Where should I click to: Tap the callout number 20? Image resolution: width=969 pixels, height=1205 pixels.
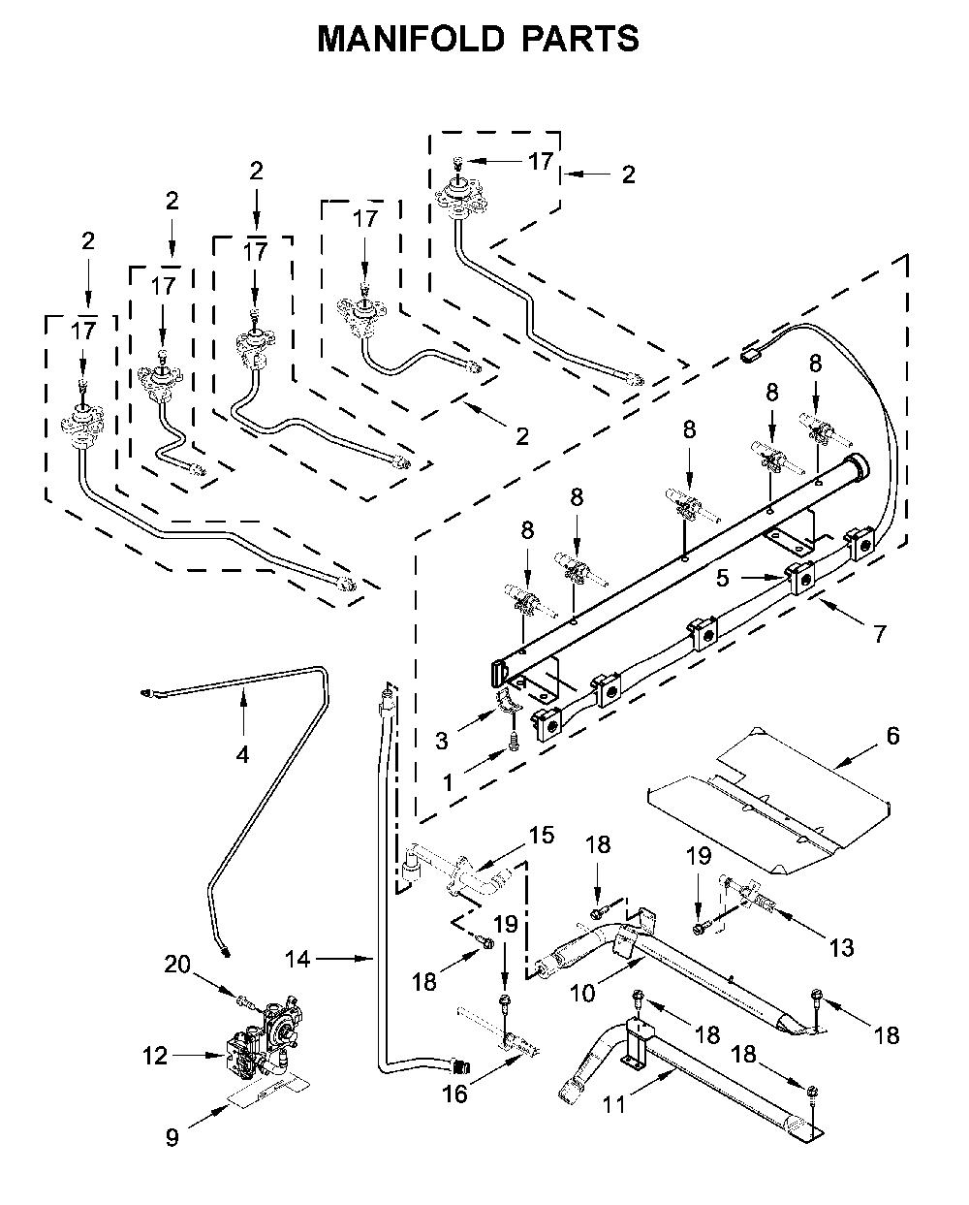(x=177, y=965)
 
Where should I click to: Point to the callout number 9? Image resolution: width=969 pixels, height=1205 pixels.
(x=172, y=1137)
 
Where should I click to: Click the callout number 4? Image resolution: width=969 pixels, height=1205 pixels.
(x=242, y=755)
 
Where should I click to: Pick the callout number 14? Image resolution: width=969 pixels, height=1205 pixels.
(x=297, y=959)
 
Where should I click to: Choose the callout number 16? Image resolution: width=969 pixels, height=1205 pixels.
(x=454, y=1094)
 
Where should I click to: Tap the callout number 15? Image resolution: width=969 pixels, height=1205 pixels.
(x=542, y=835)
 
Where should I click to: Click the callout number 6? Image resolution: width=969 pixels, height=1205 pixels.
(x=892, y=735)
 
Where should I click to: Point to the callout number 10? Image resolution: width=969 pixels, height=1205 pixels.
(x=582, y=994)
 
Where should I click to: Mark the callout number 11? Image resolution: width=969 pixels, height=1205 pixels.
(x=614, y=1105)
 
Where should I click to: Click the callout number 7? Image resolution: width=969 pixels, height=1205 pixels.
(x=880, y=634)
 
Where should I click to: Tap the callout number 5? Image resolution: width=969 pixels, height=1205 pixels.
(x=723, y=578)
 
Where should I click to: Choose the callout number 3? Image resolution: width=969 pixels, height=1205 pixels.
(x=442, y=741)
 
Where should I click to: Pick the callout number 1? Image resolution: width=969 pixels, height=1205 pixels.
(x=448, y=782)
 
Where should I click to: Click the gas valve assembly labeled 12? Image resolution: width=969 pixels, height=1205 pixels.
(x=266, y=1041)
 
